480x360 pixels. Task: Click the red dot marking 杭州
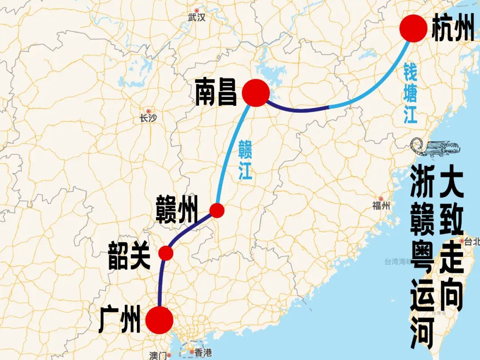point(413,28)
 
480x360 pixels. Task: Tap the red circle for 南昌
point(256,93)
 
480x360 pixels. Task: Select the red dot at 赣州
point(217,210)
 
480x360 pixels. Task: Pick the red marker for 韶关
point(166,253)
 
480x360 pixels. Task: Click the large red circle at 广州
point(159,320)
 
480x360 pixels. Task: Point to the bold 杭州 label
point(453,28)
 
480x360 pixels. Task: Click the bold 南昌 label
point(216,93)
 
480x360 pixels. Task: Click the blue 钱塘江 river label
point(410,93)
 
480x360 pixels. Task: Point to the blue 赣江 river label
point(245,160)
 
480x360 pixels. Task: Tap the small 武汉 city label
point(197,18)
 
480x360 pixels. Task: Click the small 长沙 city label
point(148,118)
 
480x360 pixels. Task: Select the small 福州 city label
point(381,205)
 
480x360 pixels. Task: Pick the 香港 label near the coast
point(203,352)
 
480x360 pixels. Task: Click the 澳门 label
point(158,355)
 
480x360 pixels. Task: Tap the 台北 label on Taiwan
point(472,241)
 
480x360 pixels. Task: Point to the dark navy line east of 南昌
point(298,109)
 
